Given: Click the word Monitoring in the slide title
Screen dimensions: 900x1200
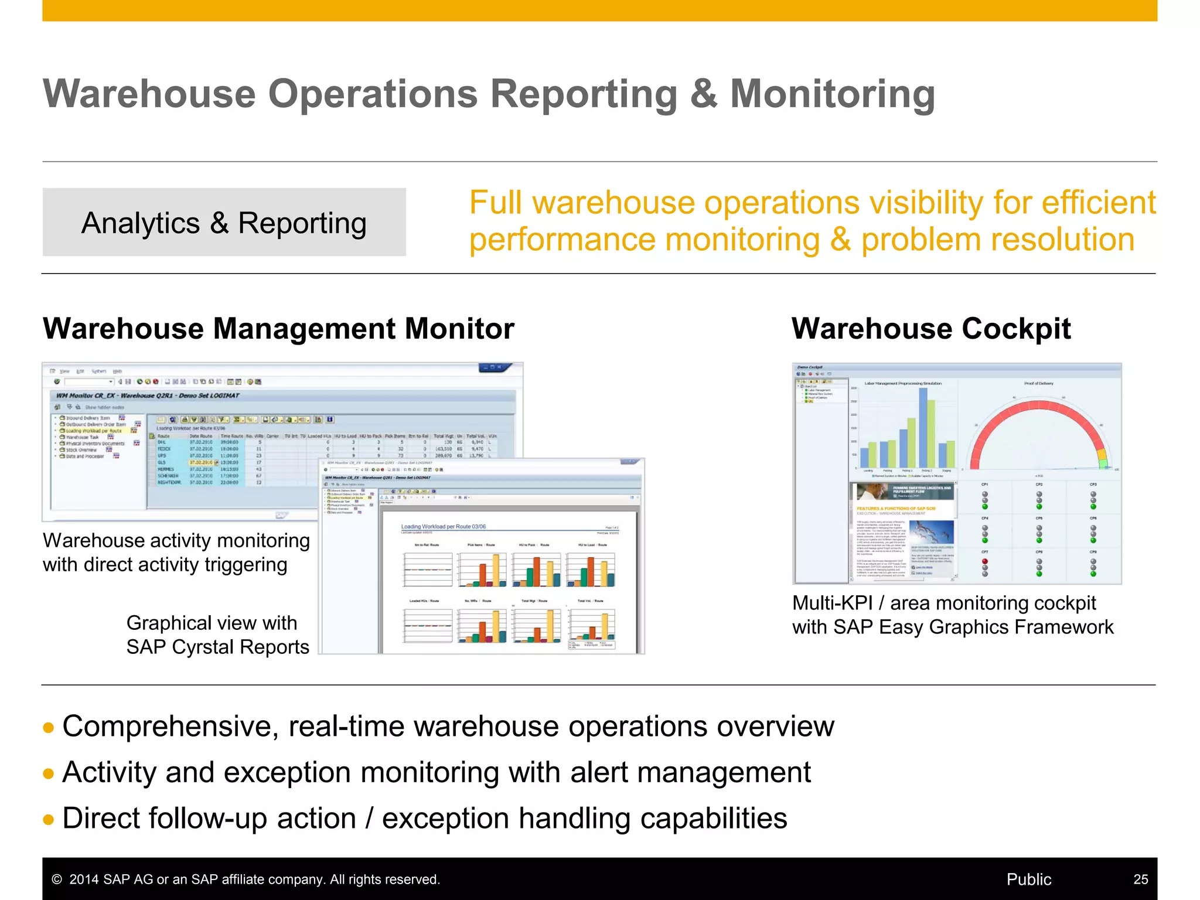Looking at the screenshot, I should coord(832,95).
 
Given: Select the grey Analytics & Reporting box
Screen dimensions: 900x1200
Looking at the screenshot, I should coord(224,223).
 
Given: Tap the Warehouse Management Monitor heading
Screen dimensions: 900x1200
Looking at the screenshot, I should coord(278,329).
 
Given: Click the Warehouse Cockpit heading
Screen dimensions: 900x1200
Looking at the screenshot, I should coord(931,329).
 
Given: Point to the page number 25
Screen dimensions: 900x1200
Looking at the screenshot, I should coord(1140,879).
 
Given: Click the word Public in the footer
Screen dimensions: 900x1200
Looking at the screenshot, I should coord(1028,879).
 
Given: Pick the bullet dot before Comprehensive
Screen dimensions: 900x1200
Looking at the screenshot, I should coord(49,728).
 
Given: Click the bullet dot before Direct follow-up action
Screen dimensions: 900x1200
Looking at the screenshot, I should coord(49,820).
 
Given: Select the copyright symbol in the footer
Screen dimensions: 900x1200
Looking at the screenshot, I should coord(57,879).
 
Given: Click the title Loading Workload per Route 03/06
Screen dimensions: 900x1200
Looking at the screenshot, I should coord(443,527).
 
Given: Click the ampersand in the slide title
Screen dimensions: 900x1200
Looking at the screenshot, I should coord(703,95).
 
